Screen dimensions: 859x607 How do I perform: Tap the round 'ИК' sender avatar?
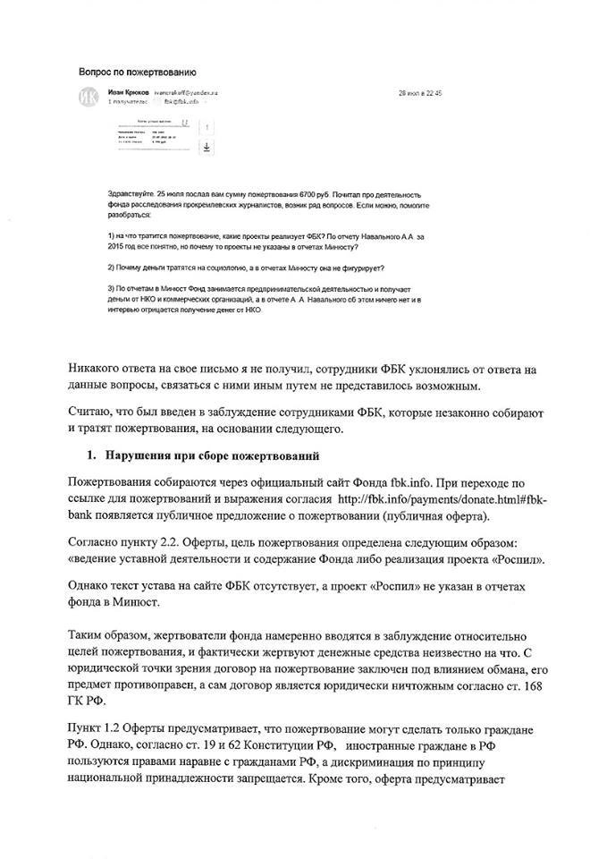[89, 98]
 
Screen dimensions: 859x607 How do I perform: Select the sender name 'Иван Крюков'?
[127, 92]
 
